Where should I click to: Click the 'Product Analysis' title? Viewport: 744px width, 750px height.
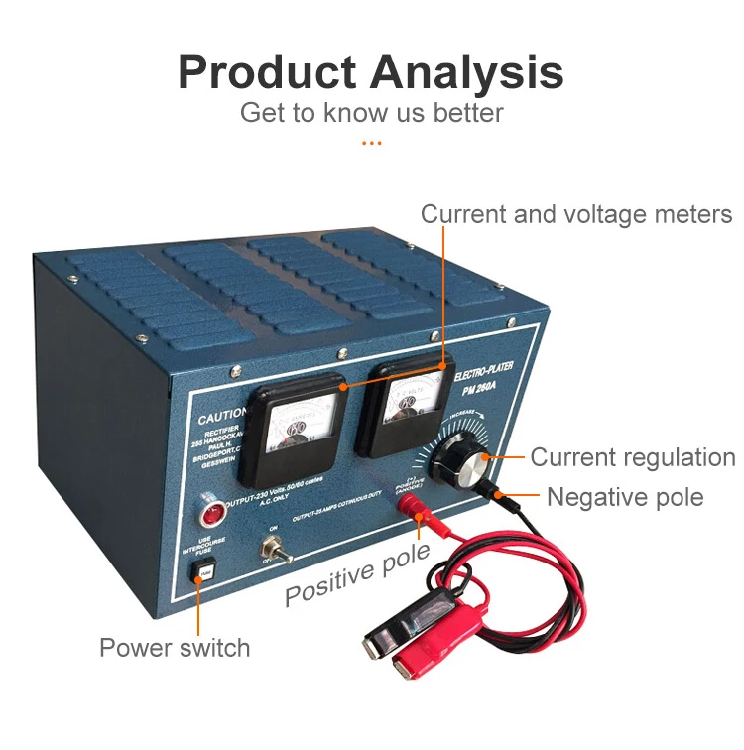tap(371, 72)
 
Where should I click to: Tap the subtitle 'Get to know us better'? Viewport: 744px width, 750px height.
tap(371, 112)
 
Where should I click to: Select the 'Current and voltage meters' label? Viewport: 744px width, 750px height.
tap(575, 214)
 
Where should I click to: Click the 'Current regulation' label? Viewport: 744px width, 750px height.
tap(632, 457)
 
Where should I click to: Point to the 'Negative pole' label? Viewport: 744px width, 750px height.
tap(625, 496)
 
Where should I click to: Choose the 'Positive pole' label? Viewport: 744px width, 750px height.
tap(357, 574)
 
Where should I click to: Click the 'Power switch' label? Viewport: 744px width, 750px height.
tap(175, 648)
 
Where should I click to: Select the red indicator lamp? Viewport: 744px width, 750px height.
tap(210, 514)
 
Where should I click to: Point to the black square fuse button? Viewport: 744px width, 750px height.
tap(204, 572)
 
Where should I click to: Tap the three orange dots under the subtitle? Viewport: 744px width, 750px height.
tap(371, 143)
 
